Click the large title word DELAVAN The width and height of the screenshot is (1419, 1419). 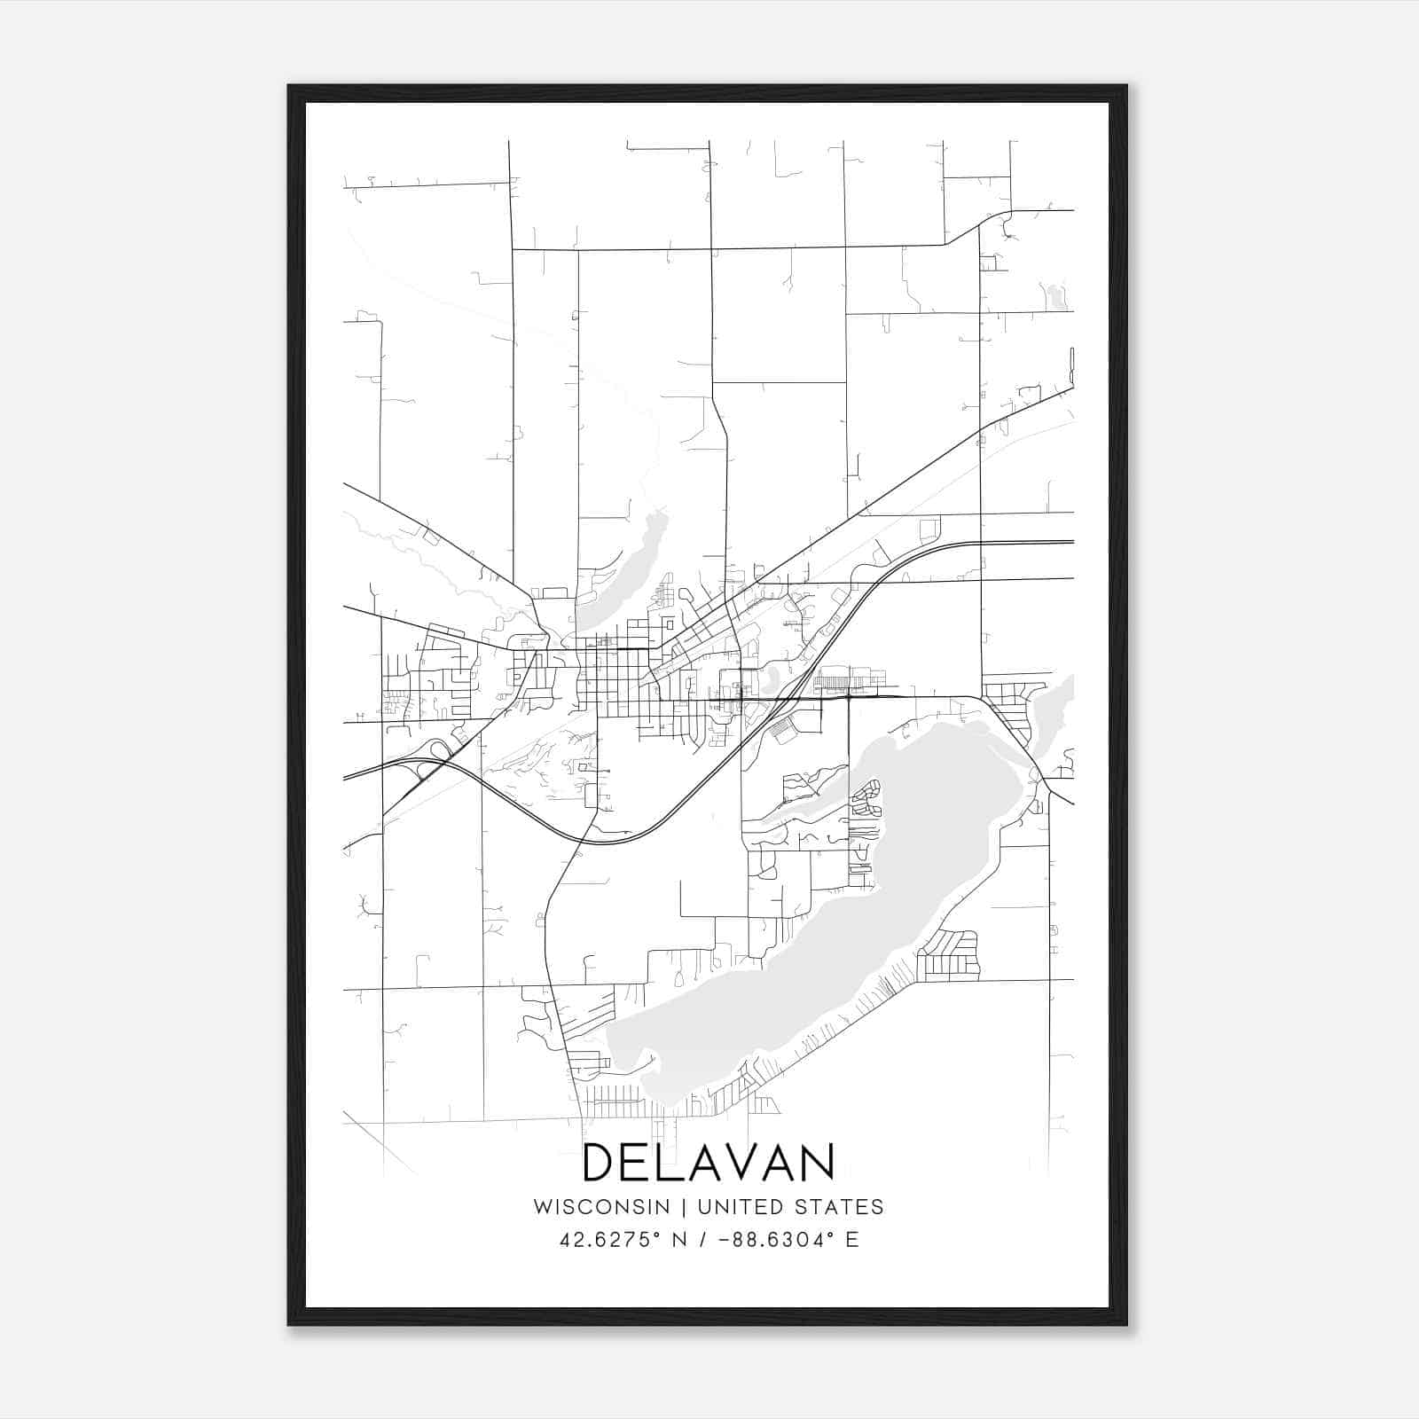pyautogui.click(x=709, y=1162)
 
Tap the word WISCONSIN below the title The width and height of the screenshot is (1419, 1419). pyautogui.click(x=601, y=1207)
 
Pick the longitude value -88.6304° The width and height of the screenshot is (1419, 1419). pyautogui.click(x=774, y=1240)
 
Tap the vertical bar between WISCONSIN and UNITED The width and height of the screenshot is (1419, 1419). pyautogui.click(x=684, y=1207)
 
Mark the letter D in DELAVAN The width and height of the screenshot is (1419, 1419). pyautogui.click(x=600, y=1162)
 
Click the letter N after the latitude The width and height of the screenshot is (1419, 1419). pyautogui.click(x=680, y=1240)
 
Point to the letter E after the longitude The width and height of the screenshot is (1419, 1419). pyautogui.click(x=852, y=1240)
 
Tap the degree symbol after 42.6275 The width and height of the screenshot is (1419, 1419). pyautogui.click(x=658, y=1234)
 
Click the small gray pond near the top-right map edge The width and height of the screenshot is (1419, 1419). pyautogui.click(x=1055, y=296)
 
